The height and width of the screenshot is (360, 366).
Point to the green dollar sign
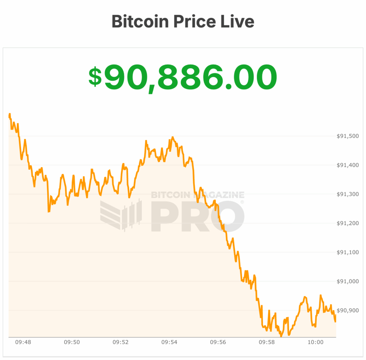coord(95,76)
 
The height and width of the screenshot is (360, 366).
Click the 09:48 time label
coord(23,342)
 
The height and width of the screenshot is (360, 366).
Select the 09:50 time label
coord(72,342)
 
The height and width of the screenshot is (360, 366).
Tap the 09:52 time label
coord(120,342)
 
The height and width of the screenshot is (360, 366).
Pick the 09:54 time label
coord(169,342)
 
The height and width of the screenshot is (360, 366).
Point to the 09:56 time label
coord(218,342)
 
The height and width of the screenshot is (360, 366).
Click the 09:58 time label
coord(267,342)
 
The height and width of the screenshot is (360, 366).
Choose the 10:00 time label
coord(315,342)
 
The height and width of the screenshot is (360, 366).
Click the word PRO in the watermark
coord(198,216)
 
